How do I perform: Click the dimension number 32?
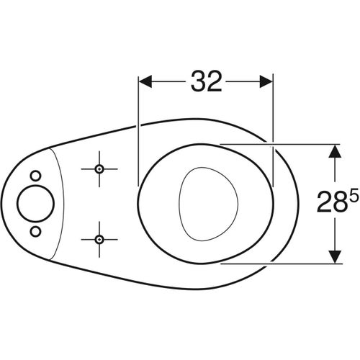(206, 81)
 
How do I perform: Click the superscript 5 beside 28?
(354, 196)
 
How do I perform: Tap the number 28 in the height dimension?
(333, 202)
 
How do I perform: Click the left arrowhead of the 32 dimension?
(145, 81)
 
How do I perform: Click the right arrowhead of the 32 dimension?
(266, 81)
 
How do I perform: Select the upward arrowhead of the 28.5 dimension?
(335, 151)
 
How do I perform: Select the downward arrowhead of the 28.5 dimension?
(335, 257)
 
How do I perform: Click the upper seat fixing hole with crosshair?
(99, 169)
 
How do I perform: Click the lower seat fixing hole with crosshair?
(99, 239)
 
